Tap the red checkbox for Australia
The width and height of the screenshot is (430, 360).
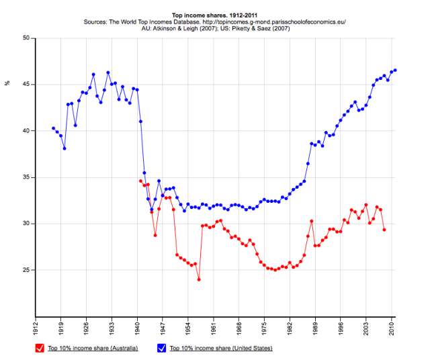(40, 348)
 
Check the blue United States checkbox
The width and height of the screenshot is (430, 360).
(161, 348)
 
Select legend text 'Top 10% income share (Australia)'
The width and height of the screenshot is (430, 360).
(93, 349)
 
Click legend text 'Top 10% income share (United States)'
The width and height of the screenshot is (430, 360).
(221, 349)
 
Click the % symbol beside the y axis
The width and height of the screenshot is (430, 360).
(7, 83)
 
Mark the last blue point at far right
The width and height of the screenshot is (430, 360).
(395, 70)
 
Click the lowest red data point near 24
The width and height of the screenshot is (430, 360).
(199, 279)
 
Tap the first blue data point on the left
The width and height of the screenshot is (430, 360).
(54, 128)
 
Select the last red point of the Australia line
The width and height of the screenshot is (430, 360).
(384, 230)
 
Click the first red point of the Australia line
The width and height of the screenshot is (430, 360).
(140, 181)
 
